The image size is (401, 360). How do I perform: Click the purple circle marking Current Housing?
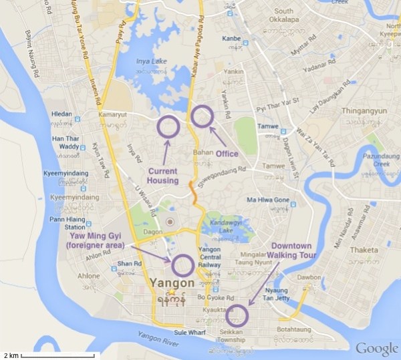168,126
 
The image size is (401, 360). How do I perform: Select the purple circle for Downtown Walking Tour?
237,315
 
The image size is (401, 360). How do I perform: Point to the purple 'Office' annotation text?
227,154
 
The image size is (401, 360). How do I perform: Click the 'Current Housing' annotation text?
163,176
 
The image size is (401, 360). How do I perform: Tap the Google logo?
376,348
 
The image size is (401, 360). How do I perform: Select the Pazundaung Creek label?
376,159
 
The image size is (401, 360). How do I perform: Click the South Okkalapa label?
283,11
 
